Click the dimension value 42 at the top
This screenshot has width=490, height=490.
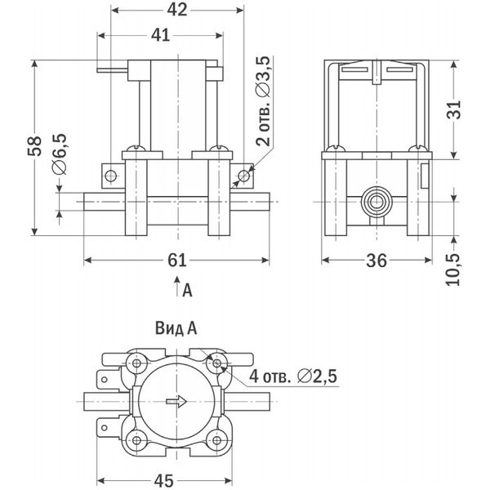point(177,10)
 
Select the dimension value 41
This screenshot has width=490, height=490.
point(161,35)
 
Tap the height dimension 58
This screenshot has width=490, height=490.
point(34,146)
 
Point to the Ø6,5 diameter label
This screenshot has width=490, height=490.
point(60,154)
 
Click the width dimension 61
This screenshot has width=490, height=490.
point(177,260)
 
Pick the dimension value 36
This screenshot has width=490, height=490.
point(376,261)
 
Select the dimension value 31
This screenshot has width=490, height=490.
point(454,109)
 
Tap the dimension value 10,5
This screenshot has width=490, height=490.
point(453,269)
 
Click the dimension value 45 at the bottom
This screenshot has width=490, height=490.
point(164,481)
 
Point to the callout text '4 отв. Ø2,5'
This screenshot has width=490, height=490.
point(293,376)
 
